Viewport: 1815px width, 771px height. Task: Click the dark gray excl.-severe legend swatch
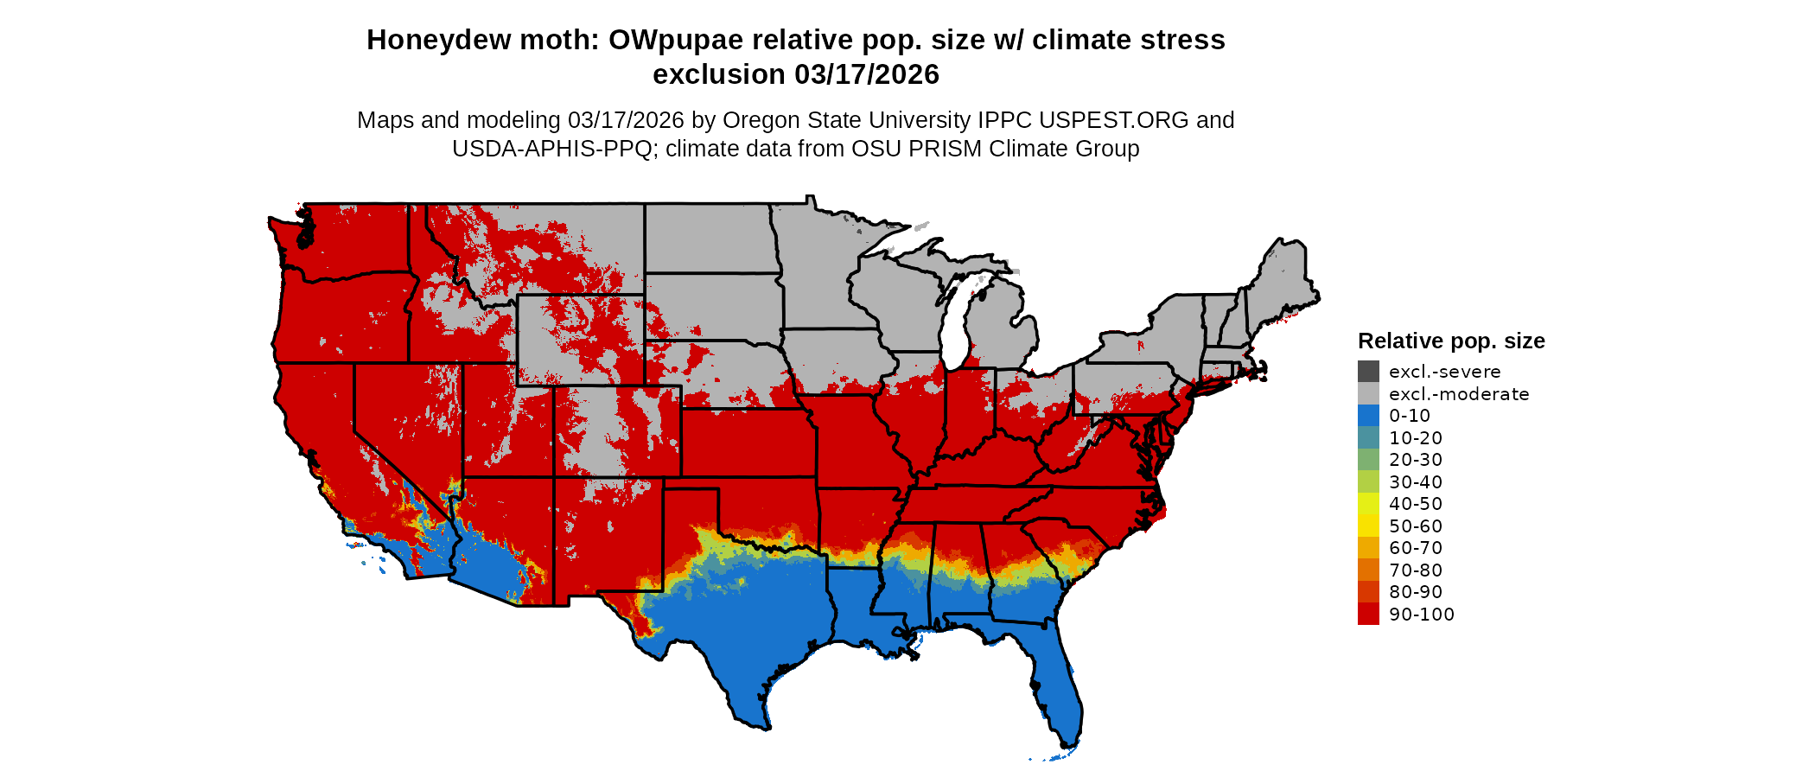click(1368, 372)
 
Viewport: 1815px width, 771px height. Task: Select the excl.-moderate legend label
click(1459, 394)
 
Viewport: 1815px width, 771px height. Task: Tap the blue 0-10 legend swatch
click(1368, 416)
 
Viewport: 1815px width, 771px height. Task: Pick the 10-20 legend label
click(1416, 438)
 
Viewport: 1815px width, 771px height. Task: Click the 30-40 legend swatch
click(1368, 482)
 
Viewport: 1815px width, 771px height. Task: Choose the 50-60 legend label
click(1416, 526)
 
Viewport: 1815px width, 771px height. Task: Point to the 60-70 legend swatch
click(1368, 548)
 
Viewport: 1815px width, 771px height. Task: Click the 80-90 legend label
click(1416, 592)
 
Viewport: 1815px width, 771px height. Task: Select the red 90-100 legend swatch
click(1368, 615)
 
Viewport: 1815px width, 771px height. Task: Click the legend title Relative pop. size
click(1451, 341)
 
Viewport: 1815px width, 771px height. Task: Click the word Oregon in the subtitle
click(760, 120)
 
